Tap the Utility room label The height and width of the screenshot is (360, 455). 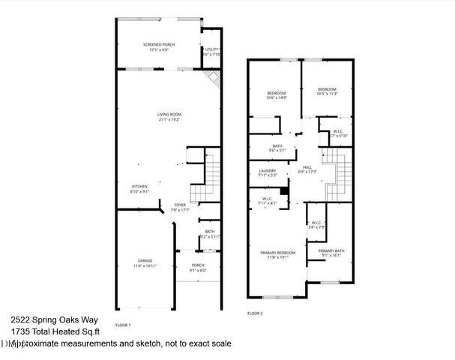[x=211, y=49]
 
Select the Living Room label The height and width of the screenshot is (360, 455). [x=169, y=114]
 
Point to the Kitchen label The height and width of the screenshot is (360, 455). [x=140, y=186]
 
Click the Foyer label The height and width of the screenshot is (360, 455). [x=180, y=205]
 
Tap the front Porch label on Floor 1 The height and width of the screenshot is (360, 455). [x=198, y=265]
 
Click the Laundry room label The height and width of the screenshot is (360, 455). [x=268, y=171]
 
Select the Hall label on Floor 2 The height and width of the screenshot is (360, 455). [x=307, y=167]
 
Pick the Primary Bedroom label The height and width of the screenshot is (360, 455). [x=278, y=253]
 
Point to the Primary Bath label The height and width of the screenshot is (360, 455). [x=331, y=250]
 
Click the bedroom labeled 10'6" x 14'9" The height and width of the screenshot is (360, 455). [x=277, y=92]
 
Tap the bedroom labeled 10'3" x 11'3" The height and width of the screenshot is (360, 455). [x=328, y=89]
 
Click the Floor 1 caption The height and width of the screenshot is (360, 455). [x=123, y=325]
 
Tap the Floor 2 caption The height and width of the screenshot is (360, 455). [x=255, y=313]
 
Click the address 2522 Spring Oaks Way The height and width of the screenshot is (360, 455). [x=44, y=317]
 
